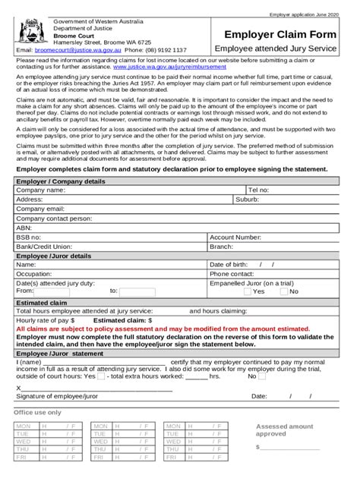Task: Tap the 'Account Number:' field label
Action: tap(235, 237)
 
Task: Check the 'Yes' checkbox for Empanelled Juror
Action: tap(248, 291)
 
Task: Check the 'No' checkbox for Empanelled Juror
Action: tap(284, 291)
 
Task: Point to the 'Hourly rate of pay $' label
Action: tap(48, 321)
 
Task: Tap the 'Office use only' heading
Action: tap(38, 412)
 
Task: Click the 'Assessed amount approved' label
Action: tap(284, 430)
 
